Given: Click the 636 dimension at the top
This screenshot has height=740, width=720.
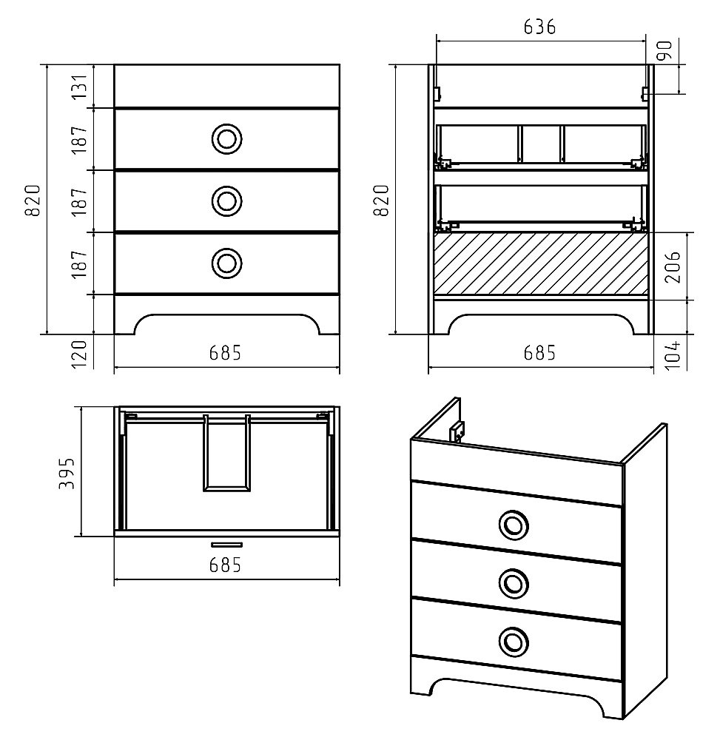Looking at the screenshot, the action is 539,27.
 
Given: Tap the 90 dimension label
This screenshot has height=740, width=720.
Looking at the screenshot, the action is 665,50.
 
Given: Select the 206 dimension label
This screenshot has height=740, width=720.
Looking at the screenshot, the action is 673,266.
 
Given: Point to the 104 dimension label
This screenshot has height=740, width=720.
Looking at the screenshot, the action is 673,354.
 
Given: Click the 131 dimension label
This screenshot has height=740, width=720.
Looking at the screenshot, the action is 80,87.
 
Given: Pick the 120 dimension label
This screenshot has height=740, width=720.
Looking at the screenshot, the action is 80,354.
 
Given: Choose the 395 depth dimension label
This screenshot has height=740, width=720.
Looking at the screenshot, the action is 67,473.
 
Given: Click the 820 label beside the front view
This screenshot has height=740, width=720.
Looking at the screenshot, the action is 33,200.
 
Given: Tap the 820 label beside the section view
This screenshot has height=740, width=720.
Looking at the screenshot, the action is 381,200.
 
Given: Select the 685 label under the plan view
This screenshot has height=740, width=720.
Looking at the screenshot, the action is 226,565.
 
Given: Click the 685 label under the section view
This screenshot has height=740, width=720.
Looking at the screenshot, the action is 539,352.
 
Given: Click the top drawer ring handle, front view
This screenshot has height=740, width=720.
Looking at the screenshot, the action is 227,139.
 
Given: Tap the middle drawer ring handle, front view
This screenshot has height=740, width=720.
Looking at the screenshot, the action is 227,201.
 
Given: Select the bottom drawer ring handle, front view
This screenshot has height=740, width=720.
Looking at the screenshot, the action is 227,263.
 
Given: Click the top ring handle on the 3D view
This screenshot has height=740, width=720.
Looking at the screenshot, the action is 514,525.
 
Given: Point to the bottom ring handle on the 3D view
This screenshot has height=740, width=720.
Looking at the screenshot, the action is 514,642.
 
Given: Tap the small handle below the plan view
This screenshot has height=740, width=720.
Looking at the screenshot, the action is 227,545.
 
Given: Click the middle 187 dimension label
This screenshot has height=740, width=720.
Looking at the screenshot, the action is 80,201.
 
